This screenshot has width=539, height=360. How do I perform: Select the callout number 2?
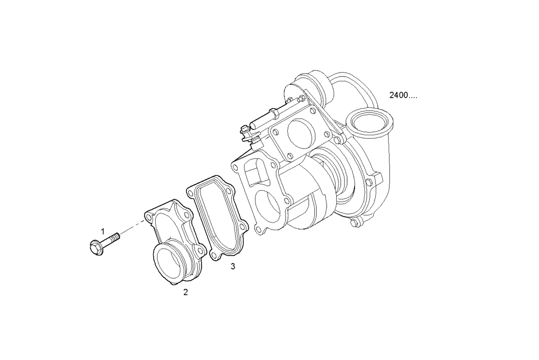click(x=185, y=293)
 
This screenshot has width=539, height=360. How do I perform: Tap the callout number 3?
click(x=232, y=266)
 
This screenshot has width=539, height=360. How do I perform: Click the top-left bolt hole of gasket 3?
click(x=191, y=192)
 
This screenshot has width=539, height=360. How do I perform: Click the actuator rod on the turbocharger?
click(x=264, y=120)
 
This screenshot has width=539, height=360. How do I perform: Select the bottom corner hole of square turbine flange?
click(x=290, y=156)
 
